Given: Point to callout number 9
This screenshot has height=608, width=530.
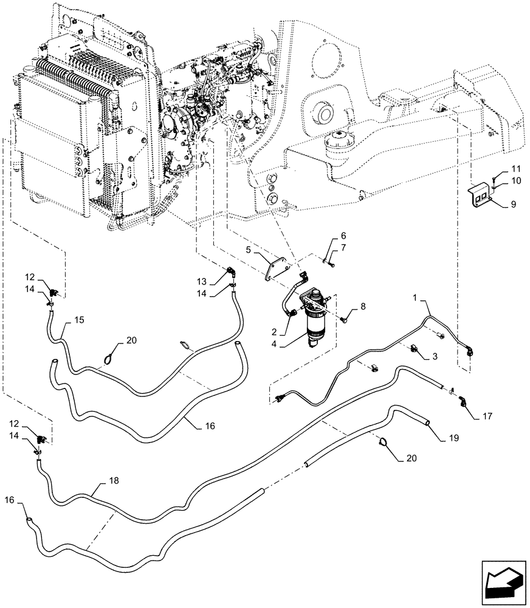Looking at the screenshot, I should [x=513, y=206].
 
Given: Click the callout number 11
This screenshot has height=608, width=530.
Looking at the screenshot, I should [x=515, y=168].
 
